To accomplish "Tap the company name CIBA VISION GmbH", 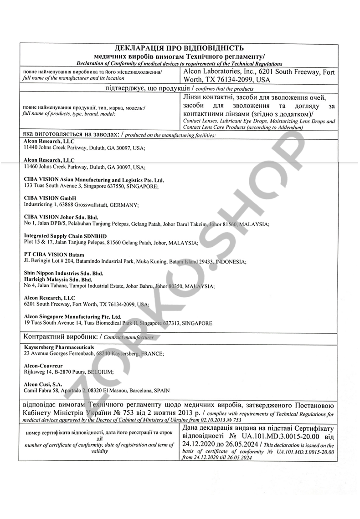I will (x=50, y=198).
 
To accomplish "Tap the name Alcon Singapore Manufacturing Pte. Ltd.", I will (x=73, y=316).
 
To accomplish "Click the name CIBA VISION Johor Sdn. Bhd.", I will (x=61, y=217).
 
